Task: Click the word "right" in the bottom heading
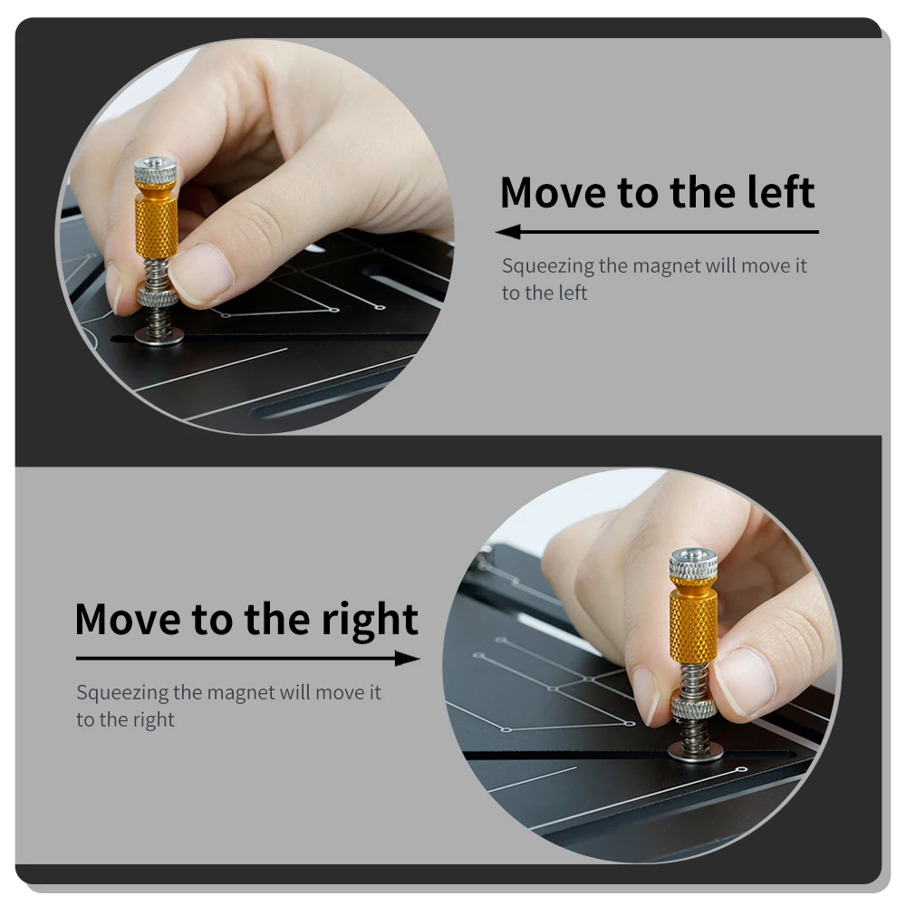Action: [x=370, y=622]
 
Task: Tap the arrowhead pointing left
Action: [x=508, y=232]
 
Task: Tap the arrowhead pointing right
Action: [x=408, y=658]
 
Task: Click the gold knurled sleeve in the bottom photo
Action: [x=693, y=620]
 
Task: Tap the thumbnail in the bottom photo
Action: [x=746, y=682]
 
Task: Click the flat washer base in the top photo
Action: [x=159, y=336]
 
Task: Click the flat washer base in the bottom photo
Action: [x=696, y=752]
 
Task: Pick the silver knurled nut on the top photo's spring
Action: [x=158, y=297]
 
